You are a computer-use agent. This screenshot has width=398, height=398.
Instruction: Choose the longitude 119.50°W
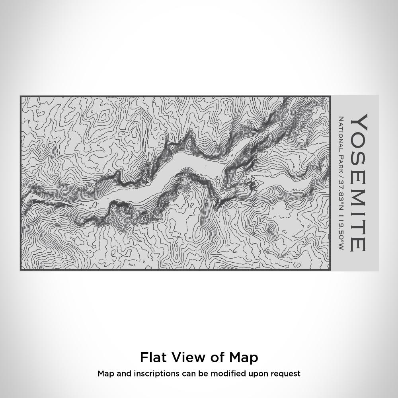(341, 227)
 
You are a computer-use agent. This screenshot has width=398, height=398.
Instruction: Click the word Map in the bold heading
(244, 357)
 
